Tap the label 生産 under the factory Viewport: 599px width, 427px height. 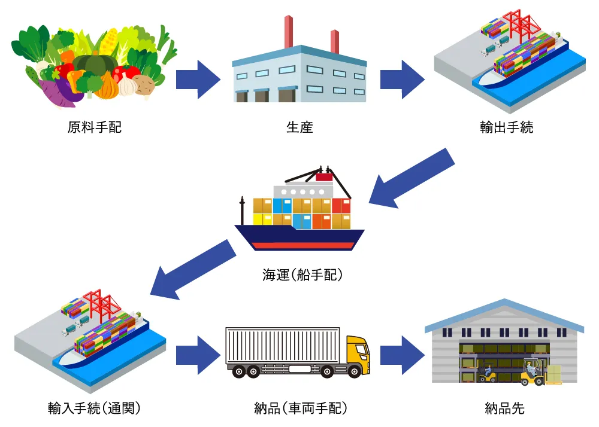299,127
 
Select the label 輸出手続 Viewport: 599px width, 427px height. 506,127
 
